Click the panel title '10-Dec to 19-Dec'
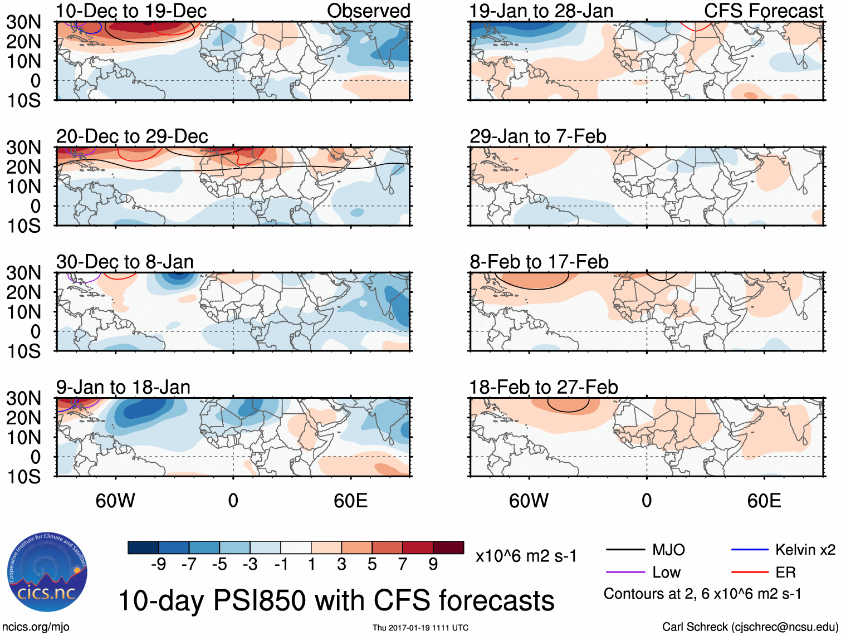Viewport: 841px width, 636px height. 131,11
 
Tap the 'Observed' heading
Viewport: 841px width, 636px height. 368,11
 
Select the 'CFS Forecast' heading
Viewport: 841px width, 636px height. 764,11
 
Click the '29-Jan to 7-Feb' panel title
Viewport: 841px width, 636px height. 537,136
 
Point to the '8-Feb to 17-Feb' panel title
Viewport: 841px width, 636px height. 539,262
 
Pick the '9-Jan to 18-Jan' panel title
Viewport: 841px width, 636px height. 123,387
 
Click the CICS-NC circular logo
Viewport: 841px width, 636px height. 47,573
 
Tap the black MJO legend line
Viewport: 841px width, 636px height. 625,550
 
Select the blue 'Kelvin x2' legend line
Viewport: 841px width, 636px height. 750,550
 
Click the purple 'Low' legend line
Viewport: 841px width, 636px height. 625,573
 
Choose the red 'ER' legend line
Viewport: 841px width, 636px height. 750,573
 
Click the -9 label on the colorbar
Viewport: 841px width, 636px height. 158,565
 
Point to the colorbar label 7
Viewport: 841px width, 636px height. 403,565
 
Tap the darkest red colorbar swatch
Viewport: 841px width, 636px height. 448,547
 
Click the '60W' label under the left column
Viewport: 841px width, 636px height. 115,501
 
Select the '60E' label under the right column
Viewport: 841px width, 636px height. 764,501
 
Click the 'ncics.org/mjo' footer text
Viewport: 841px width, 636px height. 36,627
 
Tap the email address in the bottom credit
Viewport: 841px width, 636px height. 784,627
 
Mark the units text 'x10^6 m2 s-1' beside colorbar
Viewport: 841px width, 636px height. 526,556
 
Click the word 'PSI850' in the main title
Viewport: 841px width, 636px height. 260,600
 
